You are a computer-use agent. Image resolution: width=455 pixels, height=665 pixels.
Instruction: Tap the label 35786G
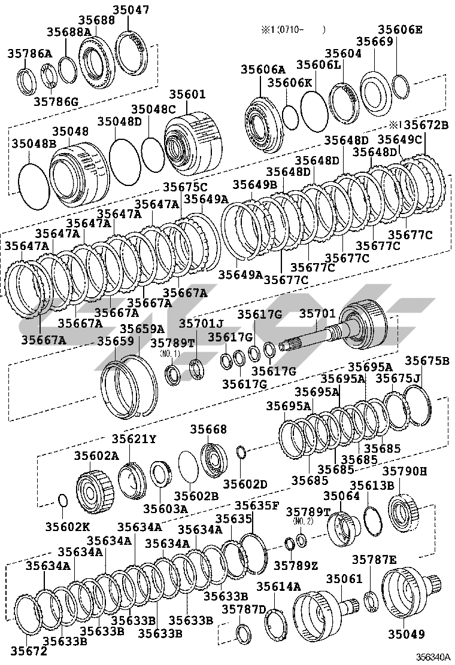[56, 102]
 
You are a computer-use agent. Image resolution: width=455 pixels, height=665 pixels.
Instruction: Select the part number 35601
[187, 94]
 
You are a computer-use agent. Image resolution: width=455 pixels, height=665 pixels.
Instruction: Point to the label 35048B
[34, 144]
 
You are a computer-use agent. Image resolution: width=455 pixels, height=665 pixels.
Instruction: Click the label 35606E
[401, 29]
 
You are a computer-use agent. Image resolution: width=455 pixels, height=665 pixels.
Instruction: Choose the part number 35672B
[426, 125]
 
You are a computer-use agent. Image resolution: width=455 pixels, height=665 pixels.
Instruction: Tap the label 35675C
[186, 187]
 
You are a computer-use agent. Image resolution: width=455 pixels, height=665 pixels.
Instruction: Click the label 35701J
[201, 324]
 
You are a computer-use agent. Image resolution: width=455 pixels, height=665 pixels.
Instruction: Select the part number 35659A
[142, 329]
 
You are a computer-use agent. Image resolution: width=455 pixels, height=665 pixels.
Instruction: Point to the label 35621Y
[134, 439]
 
